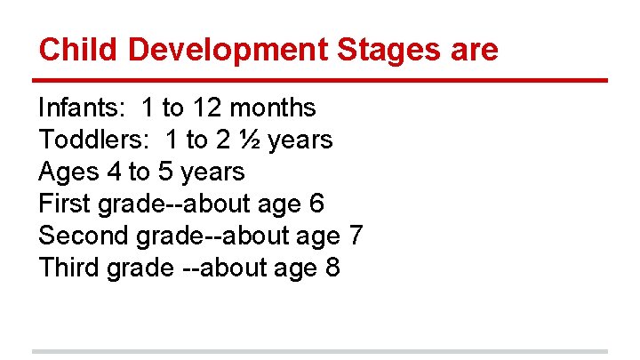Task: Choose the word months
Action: [272, 108]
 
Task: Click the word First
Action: [63, 204]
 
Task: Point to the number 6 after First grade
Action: [316, 204]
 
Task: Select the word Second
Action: [84, 236]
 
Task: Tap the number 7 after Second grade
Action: [354, 236]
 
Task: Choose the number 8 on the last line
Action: [332, 268]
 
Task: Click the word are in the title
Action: [476, 49]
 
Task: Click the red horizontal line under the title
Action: [320, 80]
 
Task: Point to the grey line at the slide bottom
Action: [320, 351]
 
